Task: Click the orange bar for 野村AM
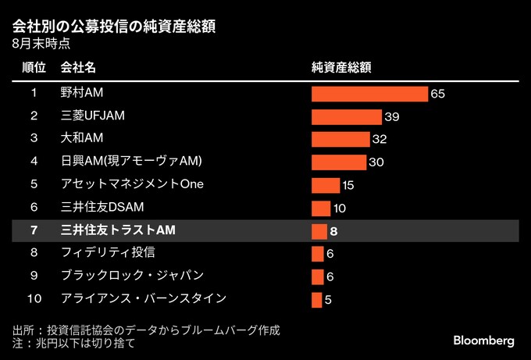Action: [x=369, y=94]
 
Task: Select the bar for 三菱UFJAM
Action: [x=347, y=116]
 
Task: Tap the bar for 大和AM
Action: [x=340, y=139]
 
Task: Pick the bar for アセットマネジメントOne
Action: [x=326, y=185]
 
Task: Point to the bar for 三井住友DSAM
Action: [x=321, y=208]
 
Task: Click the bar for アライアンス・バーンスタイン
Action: [x=316, y=299]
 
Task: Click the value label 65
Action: [x=437, y=94]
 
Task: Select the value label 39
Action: [x=392, y=116]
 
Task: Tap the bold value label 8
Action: [x=333, y=231]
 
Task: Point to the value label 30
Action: [x=376, y=162]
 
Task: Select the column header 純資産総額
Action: [x=340, y=67]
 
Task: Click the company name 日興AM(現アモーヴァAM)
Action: [x=131, y=162]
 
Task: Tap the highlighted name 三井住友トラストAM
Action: [x=118, y=230]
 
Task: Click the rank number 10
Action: [x=34, y=298]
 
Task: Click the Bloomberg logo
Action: [x=483, y=341]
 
